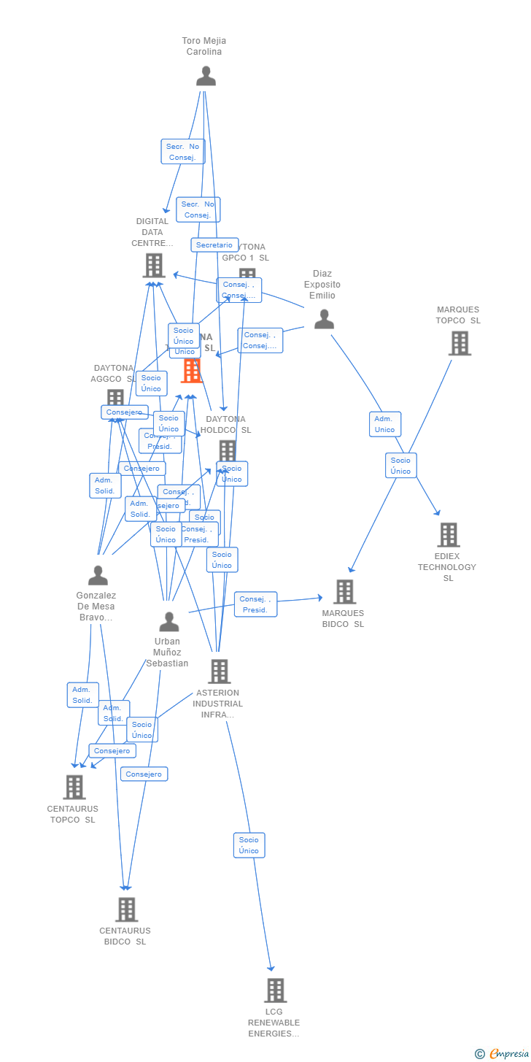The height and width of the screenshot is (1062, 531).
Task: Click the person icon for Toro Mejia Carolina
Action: coord(206,76)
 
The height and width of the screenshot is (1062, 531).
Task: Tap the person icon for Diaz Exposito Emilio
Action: coord(324,319)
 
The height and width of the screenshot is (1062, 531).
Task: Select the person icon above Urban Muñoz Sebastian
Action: coord(168,622)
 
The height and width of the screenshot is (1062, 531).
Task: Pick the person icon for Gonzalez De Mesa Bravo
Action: coord(98,575)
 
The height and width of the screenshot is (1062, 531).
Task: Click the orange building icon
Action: coord(191,371)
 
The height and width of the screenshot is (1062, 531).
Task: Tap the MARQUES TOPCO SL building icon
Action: coord(460,343)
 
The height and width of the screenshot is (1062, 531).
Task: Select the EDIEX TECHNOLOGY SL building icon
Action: coord(448,534)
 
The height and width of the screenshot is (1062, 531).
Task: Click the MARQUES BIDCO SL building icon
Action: coord(344,591)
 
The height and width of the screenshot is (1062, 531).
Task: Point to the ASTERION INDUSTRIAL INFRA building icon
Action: coord(219,671)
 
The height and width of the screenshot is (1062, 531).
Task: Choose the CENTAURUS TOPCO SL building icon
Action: coord(74,787)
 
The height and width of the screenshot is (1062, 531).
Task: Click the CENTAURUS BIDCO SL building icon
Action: coord(126,909)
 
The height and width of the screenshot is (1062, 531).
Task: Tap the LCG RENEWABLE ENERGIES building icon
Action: coord(275,990)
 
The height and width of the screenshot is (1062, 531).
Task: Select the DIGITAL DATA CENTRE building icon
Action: coord(153,266)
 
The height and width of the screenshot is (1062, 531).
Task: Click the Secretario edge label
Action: coord(214,245)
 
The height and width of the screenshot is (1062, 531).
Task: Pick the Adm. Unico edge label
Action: coord(384,424)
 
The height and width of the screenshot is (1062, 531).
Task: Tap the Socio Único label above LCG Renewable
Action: coord(249,845)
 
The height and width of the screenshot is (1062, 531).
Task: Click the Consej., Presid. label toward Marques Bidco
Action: coord(255,604)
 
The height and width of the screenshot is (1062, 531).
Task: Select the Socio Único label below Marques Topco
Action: coord(400,466)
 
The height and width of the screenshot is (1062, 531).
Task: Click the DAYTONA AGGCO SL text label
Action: coord(113,374)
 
